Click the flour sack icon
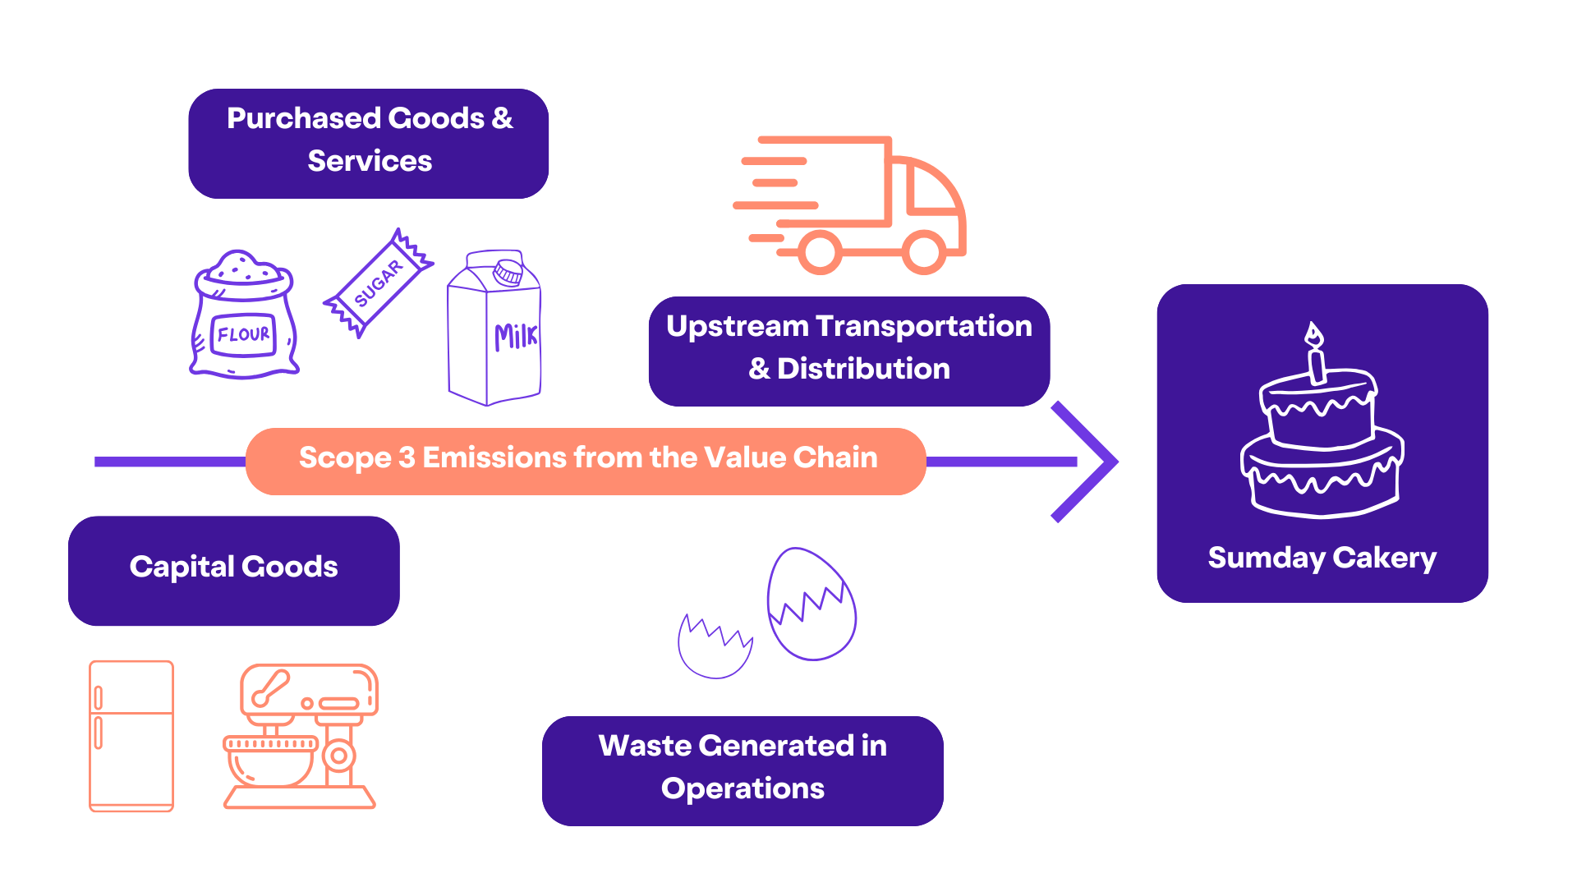coord(244,316)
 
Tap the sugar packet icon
coord(379,283)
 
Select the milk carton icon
coord(494,329)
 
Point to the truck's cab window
coord(931,189)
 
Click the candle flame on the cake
coord(1314,334)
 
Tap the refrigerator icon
coord(131,736)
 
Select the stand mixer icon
coord(301,736)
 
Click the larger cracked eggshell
coord(811,604)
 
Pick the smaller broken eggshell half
coord(715,649)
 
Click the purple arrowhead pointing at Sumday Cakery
coord(1088,462)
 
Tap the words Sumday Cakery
coord(1322,558)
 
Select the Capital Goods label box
coord(234,570)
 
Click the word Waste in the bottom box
coord(645,746)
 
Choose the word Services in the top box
coord(370,161)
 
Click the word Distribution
coord(863,369)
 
